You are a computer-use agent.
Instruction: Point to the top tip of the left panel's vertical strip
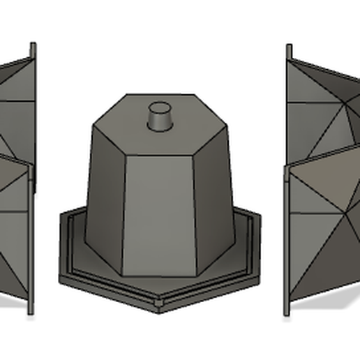pyautogui.click(x=32, y=45)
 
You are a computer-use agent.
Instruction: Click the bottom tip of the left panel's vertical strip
pyautogui.click(x=31, y=313)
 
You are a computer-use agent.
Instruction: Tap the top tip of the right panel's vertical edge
pyautogui.click(x=288, y=46)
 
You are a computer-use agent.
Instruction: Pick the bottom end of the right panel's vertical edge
pyautogui.click(x=285, y=314)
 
